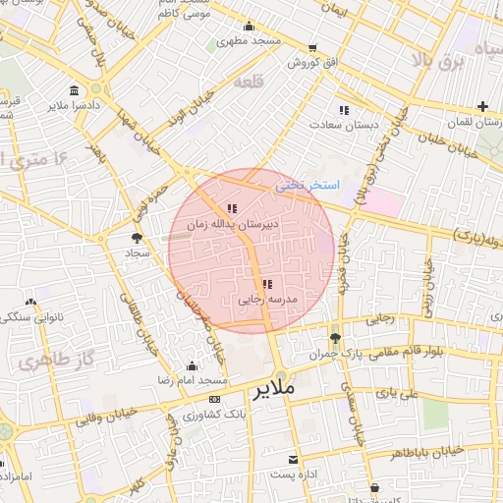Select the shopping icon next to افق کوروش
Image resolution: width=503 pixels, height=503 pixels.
point(312,47)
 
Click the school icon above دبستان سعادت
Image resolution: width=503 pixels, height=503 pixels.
point(343,110)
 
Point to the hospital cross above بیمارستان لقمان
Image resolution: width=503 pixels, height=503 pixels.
point(482,106)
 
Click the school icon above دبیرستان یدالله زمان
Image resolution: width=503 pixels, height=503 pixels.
point(232,208)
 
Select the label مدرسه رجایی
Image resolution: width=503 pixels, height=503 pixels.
point(268,299)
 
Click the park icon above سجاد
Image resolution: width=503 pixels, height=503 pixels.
point(137,237)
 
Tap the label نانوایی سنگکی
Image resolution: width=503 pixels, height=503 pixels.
point(35,318)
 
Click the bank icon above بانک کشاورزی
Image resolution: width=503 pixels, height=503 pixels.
point(215,399)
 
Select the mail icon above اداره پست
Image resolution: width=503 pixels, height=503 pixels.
point(293,460)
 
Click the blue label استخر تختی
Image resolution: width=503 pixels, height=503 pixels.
point(307,184)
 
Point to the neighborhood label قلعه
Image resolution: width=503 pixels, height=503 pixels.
point(246,84)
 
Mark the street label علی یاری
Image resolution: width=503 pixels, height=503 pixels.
point(403,392)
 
